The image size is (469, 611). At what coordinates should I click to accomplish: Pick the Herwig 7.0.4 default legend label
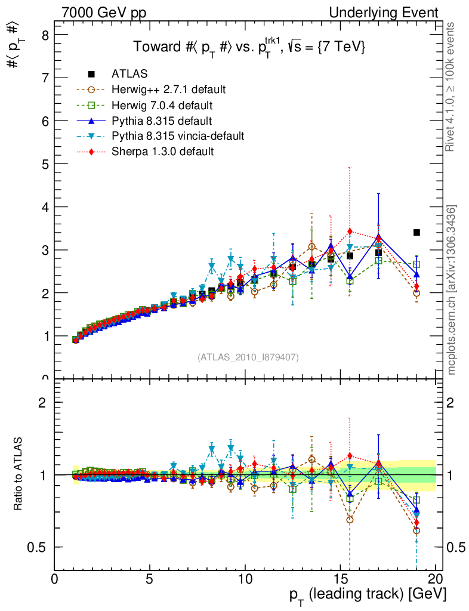(x=162, y=105)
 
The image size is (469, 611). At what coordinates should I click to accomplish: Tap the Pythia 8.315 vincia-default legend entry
(x=178, y=136)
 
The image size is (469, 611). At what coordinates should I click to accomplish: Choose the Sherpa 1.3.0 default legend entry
(x=162, y=152)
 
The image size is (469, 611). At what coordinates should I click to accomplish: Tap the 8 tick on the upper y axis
(x=45, y=35)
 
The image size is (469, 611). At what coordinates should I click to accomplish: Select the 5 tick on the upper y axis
(x=45, y=163)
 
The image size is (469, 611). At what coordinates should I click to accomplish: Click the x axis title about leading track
(x=368, y=595)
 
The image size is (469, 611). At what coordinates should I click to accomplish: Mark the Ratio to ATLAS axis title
(x=19, y=474)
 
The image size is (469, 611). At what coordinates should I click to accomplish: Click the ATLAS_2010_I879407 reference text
(x=248, y=357)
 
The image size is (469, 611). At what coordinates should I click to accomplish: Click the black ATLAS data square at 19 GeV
(x=416, y=232)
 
